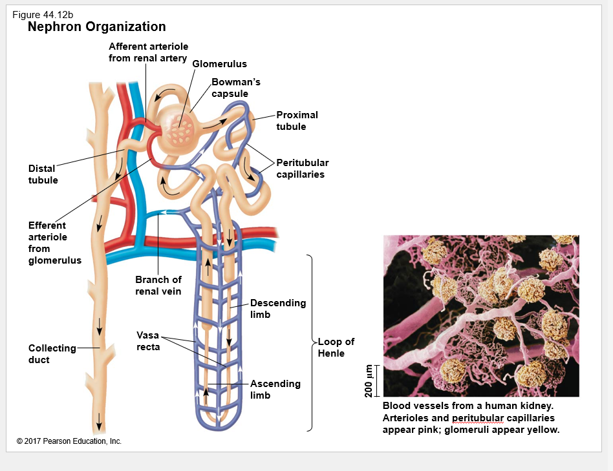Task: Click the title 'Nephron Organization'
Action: [97, 26]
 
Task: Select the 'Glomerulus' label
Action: [219, 64]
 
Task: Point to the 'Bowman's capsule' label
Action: [236, 88]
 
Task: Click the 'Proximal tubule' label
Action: [297, 121]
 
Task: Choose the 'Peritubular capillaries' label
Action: [302, 169]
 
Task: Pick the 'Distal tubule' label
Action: [43, 174]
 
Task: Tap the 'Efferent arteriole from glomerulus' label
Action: [54, 243]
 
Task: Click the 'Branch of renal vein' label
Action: [158, 286]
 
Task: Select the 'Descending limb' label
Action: [278, 309]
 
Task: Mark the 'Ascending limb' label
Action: [275, 390]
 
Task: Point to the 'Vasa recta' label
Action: [148, 341]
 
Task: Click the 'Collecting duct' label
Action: [52, 354]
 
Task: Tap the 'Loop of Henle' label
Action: [336, 348]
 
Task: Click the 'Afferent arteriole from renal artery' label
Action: [148, 52]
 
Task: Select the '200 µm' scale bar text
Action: [369, 381]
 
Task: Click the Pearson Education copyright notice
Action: [69, 441]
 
